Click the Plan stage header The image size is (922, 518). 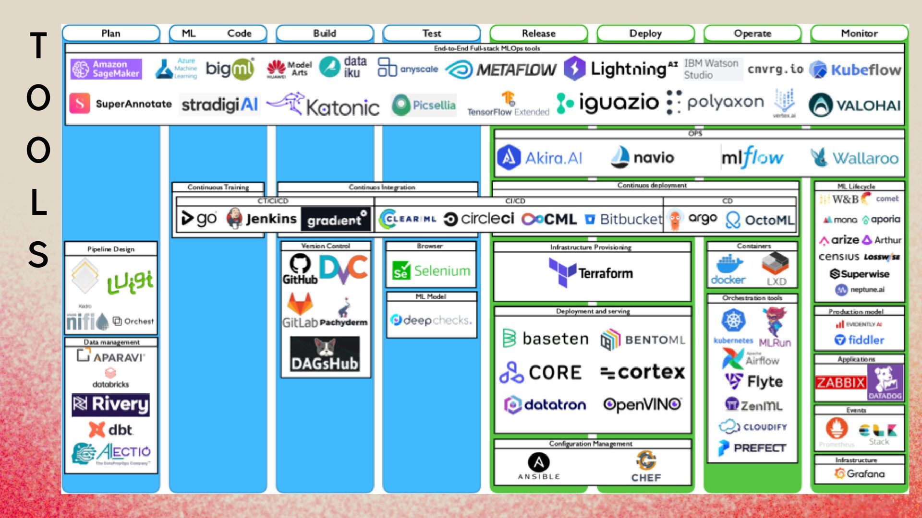110,33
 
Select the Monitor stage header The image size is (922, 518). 859,33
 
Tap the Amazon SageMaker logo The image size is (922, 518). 106,69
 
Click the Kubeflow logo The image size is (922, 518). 855,70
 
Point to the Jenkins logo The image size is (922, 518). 262,219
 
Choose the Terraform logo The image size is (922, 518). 591,272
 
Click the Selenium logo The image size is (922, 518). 431,271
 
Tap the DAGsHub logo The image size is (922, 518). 325,354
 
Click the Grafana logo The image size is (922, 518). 859,473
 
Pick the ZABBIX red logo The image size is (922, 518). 840,383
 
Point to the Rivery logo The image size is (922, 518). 110,404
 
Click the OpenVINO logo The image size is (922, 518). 642,405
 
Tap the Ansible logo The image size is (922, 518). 538,466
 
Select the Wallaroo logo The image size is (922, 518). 855,158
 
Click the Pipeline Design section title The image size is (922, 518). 111,249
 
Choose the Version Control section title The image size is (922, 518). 326,246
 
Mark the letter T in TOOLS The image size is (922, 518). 38,47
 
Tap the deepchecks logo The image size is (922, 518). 431,320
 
